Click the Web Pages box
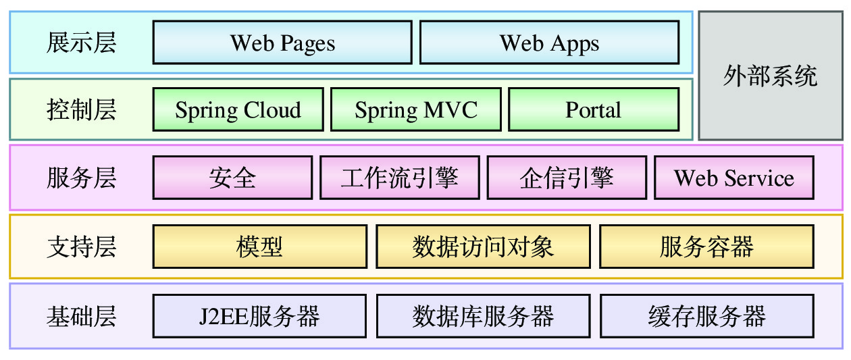pos(282,43)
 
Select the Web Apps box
pos(549,43)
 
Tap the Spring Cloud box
pos(238,109)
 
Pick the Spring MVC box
pos(416,109)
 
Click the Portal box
pos(593,109)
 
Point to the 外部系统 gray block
pos(770,76)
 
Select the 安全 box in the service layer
pos(232,178)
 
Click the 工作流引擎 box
pos(399,178)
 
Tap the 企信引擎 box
pos(566,178)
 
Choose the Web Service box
pos(733,178)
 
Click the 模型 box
pos(260,247)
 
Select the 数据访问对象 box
pos(483,247)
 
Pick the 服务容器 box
pos(706,247)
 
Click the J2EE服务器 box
pos(260,316)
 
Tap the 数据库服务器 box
pos(483,316)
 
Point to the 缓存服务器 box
pos(706,316)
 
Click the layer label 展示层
pos(81,43)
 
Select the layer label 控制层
pos(81,109)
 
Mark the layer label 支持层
pos(81,247)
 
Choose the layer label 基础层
pos(81,316)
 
